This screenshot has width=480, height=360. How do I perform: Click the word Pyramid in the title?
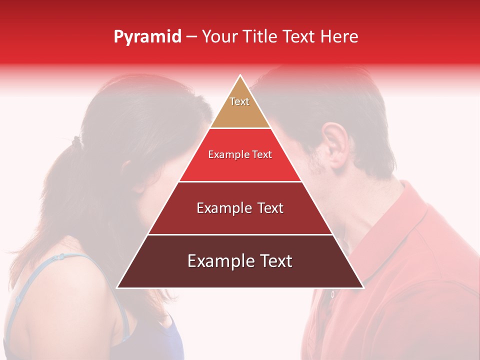coord(147,37)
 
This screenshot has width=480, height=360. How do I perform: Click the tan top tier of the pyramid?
coord(240,107)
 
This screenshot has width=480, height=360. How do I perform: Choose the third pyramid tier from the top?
coord(240,208)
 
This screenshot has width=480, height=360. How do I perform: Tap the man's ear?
coord(330,142)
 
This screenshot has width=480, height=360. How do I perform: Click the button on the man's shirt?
coord(331,295)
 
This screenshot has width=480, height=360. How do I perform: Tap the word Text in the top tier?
coord(239,101)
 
